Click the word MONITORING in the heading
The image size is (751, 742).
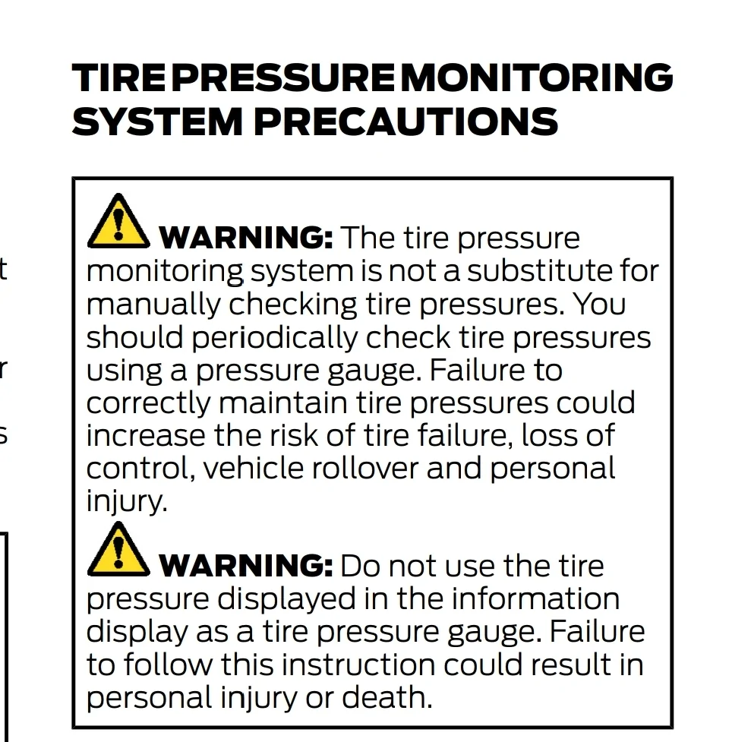click(536, 77)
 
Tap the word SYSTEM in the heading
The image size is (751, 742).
click(157, 122)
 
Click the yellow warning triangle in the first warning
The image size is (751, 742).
click(118, 221)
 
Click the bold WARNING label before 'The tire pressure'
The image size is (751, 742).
click(246, 238)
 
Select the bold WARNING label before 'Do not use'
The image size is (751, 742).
click(246, 566)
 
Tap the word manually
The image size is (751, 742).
click(154, 305)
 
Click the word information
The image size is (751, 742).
click(535, 598)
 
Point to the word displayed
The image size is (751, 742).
click(286, 598)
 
